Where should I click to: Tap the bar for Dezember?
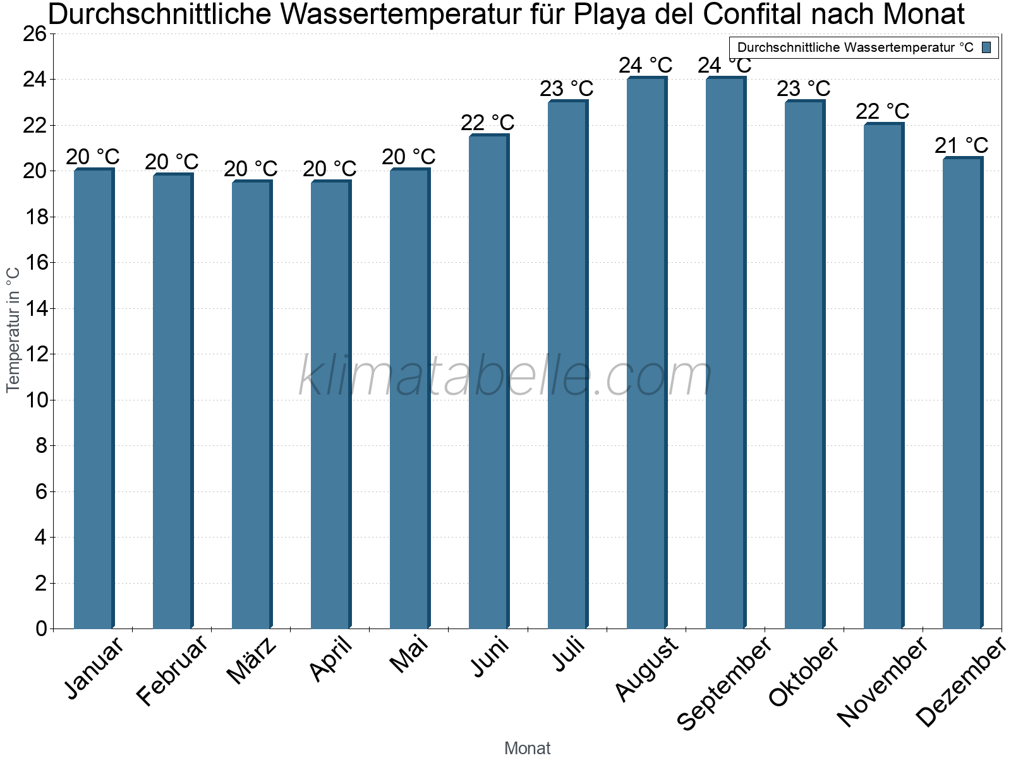point(962,393)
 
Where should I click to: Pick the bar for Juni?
point(488,382)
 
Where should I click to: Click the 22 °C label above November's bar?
point(882,112)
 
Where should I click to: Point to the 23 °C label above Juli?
point(566,89)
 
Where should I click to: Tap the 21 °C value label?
point(961,146)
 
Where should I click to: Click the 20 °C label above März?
point(250,169)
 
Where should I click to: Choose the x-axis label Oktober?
point(804,672)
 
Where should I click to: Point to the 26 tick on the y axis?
point(35,34)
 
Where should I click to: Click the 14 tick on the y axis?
point(35,309)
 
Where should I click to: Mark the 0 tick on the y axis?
point(41,629)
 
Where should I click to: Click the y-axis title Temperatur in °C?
point(13,329)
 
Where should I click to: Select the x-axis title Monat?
point(527,749)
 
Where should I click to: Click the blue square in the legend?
point(986,47)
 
